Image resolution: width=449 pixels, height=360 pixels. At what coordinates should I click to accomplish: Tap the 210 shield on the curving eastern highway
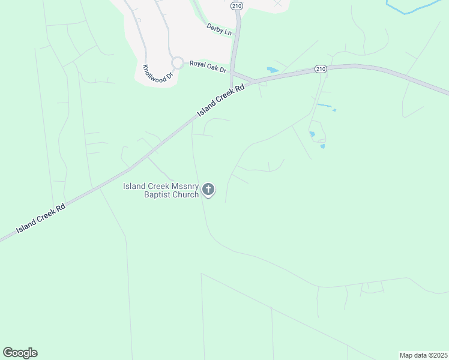pyautogui.click(x=321, y=70)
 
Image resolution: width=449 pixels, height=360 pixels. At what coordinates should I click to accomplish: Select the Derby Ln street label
pyautogui.click(x=219, y=29)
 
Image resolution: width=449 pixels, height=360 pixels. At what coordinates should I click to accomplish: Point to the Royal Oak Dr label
pyautogui.click(x=208, y=67)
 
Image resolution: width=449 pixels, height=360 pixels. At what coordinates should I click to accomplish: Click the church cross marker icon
pyautogui.click(x=208, y=190)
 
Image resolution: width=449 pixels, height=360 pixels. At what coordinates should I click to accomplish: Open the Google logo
pyautogui.click(x=20, y=353)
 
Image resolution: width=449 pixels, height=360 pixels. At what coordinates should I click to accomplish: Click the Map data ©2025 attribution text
pyautogui.click(x=423, y=355)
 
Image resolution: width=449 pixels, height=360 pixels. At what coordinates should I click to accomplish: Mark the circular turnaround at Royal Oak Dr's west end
pyautogui.click(x=177, y=62)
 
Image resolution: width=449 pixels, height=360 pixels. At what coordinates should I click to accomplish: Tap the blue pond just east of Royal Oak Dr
pyautogui.click(x=273, y=70)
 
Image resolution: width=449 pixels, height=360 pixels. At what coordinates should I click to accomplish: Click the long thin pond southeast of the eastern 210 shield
pyautogui.click(x=324, y=106)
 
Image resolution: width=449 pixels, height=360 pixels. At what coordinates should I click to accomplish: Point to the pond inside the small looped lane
pyautogui.click(x=312, y=134)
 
